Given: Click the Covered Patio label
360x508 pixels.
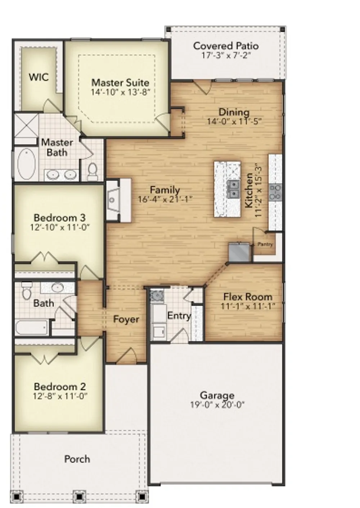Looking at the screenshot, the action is [x=226, y=46].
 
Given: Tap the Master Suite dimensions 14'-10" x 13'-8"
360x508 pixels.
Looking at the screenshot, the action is [x=120, y=92].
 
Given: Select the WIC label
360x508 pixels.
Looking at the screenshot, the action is [x=39, y=77].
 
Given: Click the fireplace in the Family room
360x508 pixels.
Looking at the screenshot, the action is [x=118, y=200].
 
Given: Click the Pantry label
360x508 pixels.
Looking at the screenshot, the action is [x=265, y=244].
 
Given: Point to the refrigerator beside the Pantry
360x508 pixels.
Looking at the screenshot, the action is [x=240, y=252].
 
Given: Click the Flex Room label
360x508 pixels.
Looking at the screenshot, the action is [x=248, y=297].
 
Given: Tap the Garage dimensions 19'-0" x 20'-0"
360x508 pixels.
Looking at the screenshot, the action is [x=217, y=405].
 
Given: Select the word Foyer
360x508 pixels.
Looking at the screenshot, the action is [x=126, y=319].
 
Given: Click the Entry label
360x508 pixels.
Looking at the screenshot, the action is [x=179, y=316].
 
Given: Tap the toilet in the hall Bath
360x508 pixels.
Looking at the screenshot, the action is [x=27, y=291].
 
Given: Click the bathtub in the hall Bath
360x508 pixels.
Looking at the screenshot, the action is [x=32, y=328].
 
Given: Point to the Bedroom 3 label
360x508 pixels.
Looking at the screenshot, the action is [x=60, y=218].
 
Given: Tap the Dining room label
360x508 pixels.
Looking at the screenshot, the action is [x=234, y=112].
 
